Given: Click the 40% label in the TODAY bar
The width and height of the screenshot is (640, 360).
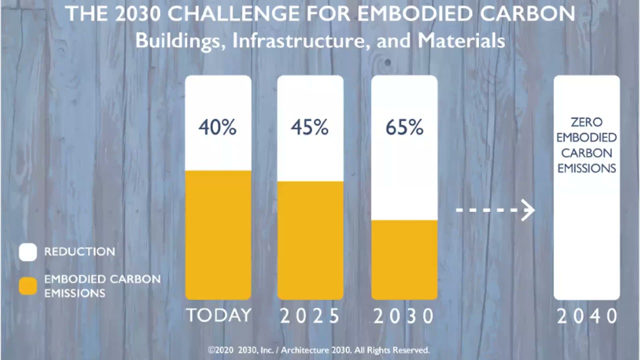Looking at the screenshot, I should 217,128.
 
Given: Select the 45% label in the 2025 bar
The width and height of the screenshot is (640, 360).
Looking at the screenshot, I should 310,128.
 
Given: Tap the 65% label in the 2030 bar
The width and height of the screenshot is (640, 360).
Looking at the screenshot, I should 404,128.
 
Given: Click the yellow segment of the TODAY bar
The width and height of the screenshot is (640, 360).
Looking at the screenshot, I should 218,235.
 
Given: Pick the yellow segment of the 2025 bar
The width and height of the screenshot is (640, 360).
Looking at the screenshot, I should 310,240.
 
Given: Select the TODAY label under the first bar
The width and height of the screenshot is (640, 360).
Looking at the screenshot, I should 218,315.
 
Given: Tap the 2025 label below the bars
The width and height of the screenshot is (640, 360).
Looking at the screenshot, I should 310,316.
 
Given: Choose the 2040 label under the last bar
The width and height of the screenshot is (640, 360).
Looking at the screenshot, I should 587,316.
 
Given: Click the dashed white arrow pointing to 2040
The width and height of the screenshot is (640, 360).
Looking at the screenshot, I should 495,210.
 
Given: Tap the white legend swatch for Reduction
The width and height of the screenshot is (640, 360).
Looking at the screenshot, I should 28,252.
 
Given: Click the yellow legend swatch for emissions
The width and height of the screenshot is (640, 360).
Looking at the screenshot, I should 28,286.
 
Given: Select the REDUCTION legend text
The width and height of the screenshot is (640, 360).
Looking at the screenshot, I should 79,251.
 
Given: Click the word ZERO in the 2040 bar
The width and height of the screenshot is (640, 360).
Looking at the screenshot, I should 586,122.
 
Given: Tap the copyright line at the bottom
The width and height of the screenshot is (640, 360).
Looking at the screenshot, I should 318,350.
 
